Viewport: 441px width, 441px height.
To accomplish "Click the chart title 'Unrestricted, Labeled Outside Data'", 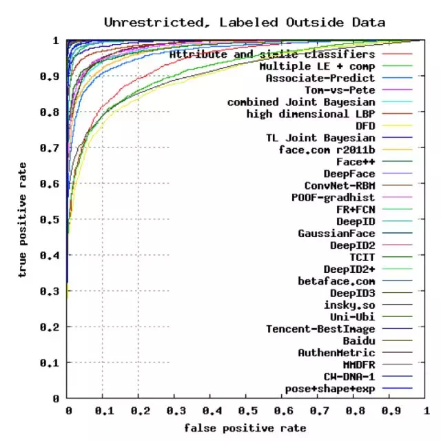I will pyautogui.click(x=245, y=23).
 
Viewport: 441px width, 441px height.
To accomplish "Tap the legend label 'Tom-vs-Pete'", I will pyautogui.click(x=340, y=90).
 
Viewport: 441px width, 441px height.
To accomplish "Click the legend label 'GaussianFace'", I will pyautogui.click(x=336, y=233).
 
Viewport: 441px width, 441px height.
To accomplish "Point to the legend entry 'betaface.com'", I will pyautogui.click(x=336, y=280).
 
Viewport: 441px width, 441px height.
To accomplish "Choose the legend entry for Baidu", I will pyautogui.click(x=358, y=340).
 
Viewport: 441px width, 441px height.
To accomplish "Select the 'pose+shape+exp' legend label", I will pyautogui.click(x=330, y=389).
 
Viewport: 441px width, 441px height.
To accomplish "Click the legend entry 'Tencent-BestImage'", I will pyautogui.click(x=320, y=329).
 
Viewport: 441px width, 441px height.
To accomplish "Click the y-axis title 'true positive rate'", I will pyautogui.click(x=23, y=220).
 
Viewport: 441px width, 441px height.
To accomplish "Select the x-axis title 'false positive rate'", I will pyautogui.click(x=245, y=428).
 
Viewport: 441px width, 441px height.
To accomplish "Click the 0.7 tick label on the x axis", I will pyautogui.click(x=318, y=411).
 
